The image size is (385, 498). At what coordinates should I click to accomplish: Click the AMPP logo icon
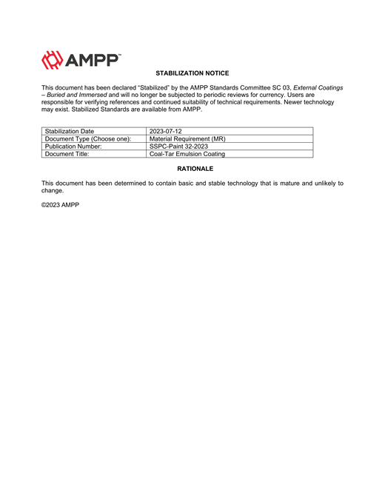[x=53, y=60]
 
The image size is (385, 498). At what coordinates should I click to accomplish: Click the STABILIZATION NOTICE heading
[x=192, y=73]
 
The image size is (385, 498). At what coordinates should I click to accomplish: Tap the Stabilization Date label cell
[x=70, y=131]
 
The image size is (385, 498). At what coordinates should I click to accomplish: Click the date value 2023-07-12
[x=166, y=131]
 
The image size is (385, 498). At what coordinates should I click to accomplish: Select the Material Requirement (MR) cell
[x=187, y=138]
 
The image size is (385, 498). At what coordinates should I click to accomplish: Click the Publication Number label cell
[x=73, y=147]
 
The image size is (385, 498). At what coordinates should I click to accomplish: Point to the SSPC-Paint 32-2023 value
[x=178, y=147]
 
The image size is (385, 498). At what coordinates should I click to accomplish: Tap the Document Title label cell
[x=67, y=154]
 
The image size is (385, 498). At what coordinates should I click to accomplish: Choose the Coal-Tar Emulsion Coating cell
[x=187, y=154]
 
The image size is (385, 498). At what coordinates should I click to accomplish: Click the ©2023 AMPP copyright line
[x=60, y=204]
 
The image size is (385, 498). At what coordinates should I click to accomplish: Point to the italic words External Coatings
[x=317, y=87]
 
